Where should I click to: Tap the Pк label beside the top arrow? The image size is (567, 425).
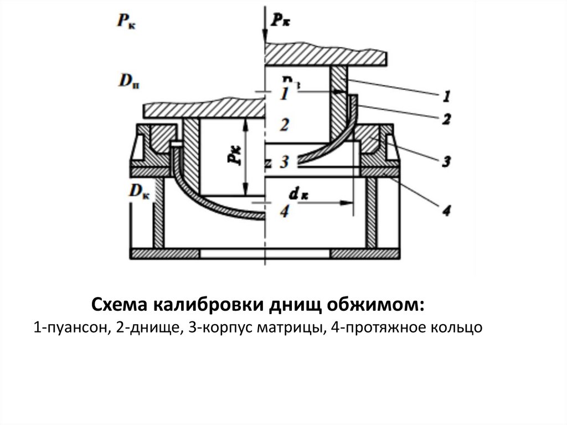tap(282, 21)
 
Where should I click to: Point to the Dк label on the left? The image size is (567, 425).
tap(139, 191)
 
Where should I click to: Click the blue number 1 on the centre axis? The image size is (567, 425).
tap(284, 94)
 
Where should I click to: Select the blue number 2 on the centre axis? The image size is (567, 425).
tap(284, 125)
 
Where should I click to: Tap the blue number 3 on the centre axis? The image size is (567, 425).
tap(284, 162)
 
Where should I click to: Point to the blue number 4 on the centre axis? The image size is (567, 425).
tap(284, 211)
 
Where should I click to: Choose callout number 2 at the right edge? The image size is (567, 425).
tap(447, 118)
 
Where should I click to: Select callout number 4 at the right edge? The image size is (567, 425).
tap(447, 210)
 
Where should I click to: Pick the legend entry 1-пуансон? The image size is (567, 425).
tap(71, 328)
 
